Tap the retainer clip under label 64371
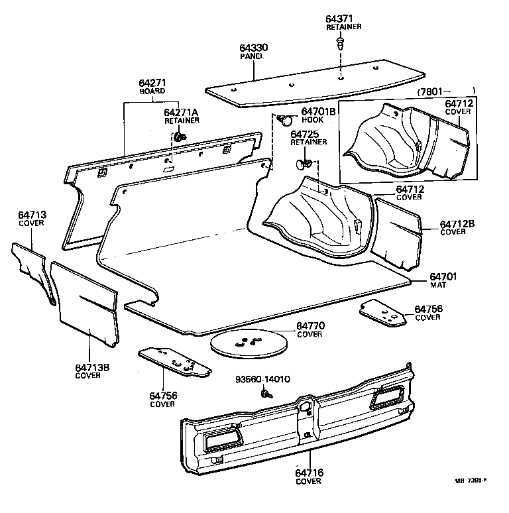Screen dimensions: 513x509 tap(340, 44)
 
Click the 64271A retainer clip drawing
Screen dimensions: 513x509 tap(180, 137)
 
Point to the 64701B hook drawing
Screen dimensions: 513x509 tap(286, 121)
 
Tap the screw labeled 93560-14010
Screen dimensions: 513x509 tap(266, 394)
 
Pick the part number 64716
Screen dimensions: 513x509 tap(309, 473)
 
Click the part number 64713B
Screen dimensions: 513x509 tap(88, 367)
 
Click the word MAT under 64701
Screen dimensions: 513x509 tap(438, 285)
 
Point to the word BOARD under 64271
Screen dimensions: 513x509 tap(152, 91)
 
